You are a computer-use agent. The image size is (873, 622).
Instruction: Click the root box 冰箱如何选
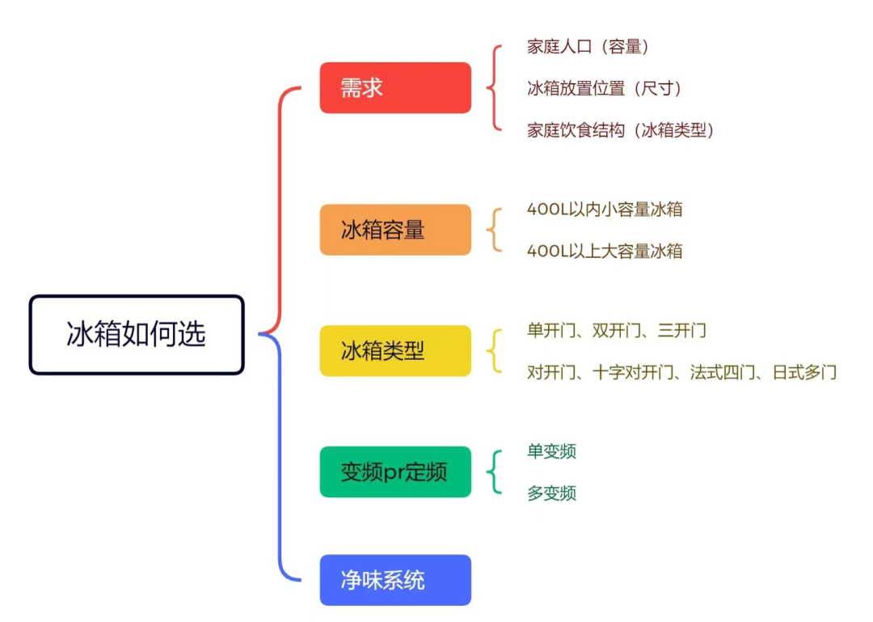137,334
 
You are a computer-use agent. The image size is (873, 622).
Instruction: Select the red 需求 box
395,87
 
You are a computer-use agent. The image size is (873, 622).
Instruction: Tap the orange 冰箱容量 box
395,230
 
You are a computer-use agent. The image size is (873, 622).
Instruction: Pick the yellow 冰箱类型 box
395,350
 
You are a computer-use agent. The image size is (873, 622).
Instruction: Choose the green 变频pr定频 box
395,472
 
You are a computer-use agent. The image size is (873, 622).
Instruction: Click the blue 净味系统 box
395,580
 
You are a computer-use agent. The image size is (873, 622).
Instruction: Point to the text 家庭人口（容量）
588,47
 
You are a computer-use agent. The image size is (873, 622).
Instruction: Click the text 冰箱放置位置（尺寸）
604,88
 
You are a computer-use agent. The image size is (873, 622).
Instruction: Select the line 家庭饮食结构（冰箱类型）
620,130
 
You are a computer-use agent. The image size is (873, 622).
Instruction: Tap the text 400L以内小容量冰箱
605,209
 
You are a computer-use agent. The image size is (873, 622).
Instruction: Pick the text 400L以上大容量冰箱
605,251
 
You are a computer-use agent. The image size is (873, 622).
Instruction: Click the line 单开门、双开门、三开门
616,331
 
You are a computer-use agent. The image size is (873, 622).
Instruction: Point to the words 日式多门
804,372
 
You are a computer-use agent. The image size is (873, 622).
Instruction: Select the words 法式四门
722,372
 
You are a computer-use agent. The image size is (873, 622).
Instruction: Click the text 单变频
551,451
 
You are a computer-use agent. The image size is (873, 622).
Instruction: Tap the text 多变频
551,493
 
